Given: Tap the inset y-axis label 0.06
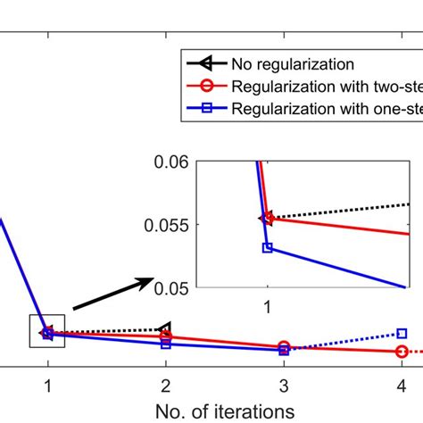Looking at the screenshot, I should (170, 162).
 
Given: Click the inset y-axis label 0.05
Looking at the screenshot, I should (170, 287).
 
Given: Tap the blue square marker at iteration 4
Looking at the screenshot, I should (402, 333).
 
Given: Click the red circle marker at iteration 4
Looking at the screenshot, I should (402, 352).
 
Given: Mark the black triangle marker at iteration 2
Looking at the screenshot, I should (164, 330).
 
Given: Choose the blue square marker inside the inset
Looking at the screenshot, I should (267, 247).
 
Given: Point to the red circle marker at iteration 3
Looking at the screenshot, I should (284, 347).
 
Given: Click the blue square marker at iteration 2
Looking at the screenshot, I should (166, 343).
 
